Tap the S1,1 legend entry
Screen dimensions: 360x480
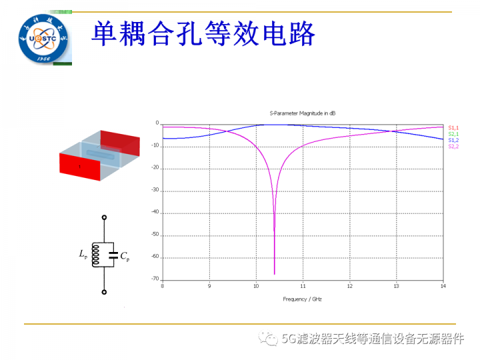(453, 127)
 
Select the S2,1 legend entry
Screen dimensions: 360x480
(453, 134)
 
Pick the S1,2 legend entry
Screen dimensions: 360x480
(453, 140)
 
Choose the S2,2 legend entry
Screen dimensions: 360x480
(453, 146)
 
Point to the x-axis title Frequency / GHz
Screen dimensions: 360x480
(302, 299)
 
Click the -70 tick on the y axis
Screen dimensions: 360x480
(155, 279)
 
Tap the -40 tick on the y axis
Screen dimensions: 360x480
(155, 213)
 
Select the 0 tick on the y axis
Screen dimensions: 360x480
(157, 123)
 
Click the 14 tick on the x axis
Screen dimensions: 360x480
(442, 286)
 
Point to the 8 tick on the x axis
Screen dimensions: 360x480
(163, 286)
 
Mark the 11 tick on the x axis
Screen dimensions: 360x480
(303, 286)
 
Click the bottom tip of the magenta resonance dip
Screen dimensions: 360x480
(274, 274)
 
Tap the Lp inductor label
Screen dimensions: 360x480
(83, 254)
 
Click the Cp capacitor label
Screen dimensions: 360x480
(124, 255)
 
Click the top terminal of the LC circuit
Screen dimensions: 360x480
(104, 217)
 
